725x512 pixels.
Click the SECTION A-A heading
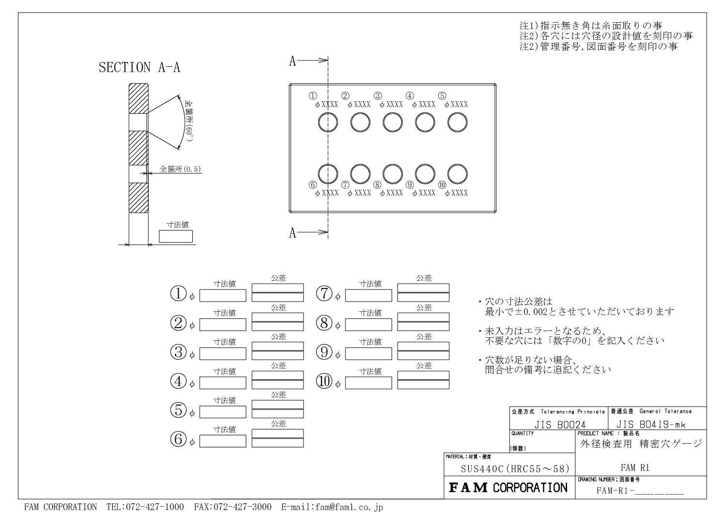139,67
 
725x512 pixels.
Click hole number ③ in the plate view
393,113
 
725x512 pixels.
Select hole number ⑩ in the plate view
457,164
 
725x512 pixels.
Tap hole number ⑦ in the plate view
360,164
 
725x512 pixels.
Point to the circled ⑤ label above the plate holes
442,96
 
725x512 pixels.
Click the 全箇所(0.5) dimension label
180,169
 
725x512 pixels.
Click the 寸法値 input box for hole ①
223,296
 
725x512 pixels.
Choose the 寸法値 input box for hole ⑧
369,325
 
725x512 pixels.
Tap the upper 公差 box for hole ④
278,375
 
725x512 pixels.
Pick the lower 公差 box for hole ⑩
423,385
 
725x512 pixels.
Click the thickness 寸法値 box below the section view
176,236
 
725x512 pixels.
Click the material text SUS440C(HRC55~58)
515,468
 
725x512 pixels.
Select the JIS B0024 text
559,424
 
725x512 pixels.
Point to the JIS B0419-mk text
650,424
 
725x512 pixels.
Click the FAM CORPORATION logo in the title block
508,488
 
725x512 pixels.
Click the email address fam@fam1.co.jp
332,507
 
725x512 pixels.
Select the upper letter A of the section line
293,61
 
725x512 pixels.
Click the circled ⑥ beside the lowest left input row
178,439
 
